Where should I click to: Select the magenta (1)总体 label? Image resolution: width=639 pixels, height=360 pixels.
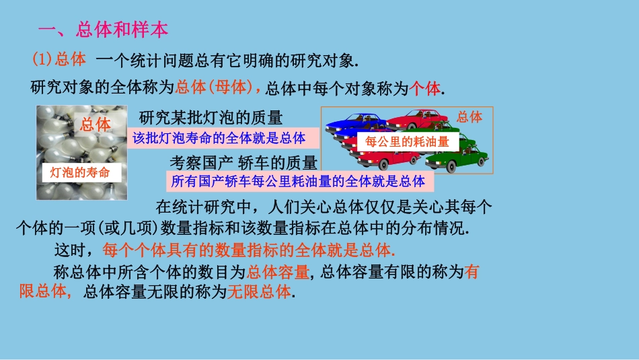[x=59, y=60]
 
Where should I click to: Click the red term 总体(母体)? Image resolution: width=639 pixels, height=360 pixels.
[x=218, y=87]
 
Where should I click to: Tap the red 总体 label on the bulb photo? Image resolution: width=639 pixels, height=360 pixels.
[x=95, y=124]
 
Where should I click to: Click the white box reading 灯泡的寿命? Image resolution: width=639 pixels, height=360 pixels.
[x=79, y=172]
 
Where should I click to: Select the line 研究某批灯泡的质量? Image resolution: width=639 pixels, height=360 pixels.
[x=210, y=118]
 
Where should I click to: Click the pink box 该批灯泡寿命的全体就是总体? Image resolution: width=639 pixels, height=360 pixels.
[x=219, y=139]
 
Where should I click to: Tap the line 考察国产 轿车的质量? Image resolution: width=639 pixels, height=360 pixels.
[x=243, y=163]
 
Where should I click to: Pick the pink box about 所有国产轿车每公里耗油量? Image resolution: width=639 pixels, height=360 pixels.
[x=298, y=181]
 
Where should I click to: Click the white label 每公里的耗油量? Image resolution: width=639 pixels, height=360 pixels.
[x=407, y=142]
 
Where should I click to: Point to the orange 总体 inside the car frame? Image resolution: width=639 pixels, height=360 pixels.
[x=469, y=117]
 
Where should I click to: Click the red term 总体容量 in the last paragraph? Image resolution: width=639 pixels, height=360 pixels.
[x=278, y=272]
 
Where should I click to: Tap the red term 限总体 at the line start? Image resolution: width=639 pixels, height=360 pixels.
[x=44, y=293]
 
